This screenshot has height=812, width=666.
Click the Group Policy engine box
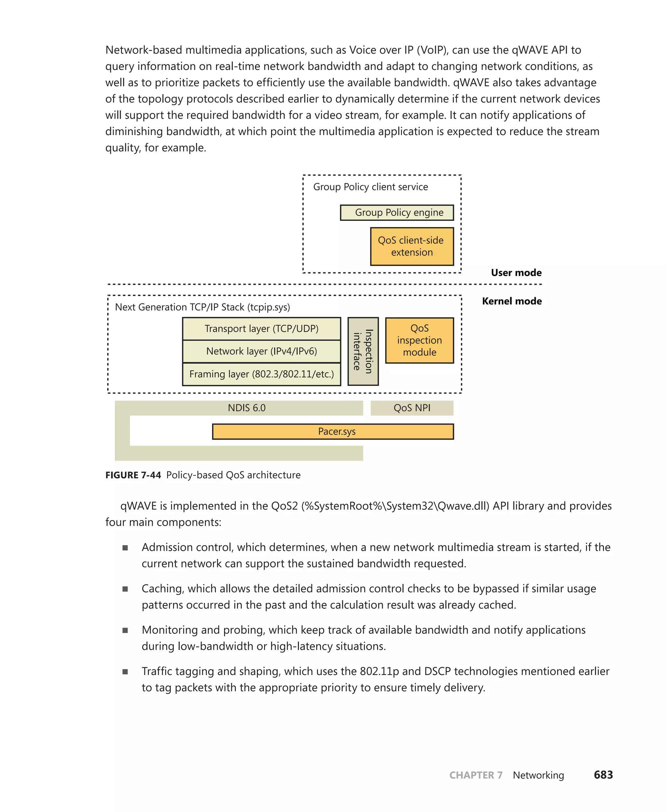click(x=397, y=213)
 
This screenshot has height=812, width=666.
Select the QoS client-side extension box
click(x=412, y=247)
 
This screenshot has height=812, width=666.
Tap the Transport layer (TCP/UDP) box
click(x=261, y=329)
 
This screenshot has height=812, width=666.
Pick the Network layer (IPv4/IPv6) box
click(x=261, y=351)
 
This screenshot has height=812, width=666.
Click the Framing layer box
click(x=261, y=374)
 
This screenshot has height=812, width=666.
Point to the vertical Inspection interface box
click(x=363, y=351)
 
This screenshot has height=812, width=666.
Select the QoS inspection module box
click(x=419, y=340)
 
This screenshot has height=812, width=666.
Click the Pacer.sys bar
click(x=333, y=431)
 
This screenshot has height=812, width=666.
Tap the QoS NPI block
click(x=412, y=408)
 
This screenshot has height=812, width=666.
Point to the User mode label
click(x=516, y=273)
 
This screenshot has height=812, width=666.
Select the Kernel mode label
click(x=512, y=301)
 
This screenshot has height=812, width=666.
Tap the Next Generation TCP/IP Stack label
click(x=202, y=307)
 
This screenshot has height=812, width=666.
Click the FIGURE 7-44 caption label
click(x=133, y=475)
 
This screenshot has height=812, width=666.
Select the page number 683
click(x=603, y=775)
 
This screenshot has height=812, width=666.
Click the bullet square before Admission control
click(x=125, y=548)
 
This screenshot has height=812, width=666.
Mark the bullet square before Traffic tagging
click(x=125, y=672)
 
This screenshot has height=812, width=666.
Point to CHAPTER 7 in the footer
click(x=476, y=775)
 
